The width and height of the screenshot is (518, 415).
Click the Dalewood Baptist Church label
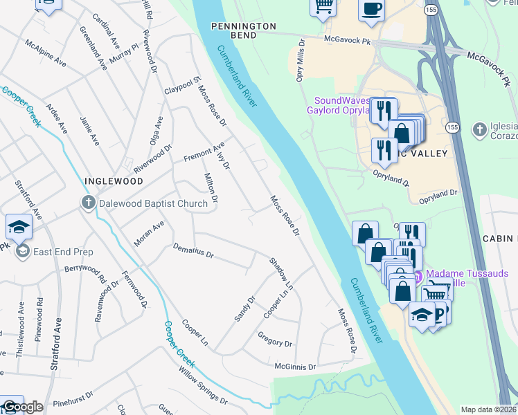click(153, 203)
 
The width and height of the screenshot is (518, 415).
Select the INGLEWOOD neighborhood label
click(114, 181)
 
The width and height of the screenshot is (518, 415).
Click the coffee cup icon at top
click(371, 10)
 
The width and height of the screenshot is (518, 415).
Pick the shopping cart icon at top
click(323, 6)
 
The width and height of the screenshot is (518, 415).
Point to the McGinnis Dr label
click(295, 367)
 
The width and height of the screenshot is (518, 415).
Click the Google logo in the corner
click(22, 407)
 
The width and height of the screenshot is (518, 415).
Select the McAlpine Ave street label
click(46, 53)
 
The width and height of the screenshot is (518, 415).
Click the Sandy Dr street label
click(244, 308)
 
